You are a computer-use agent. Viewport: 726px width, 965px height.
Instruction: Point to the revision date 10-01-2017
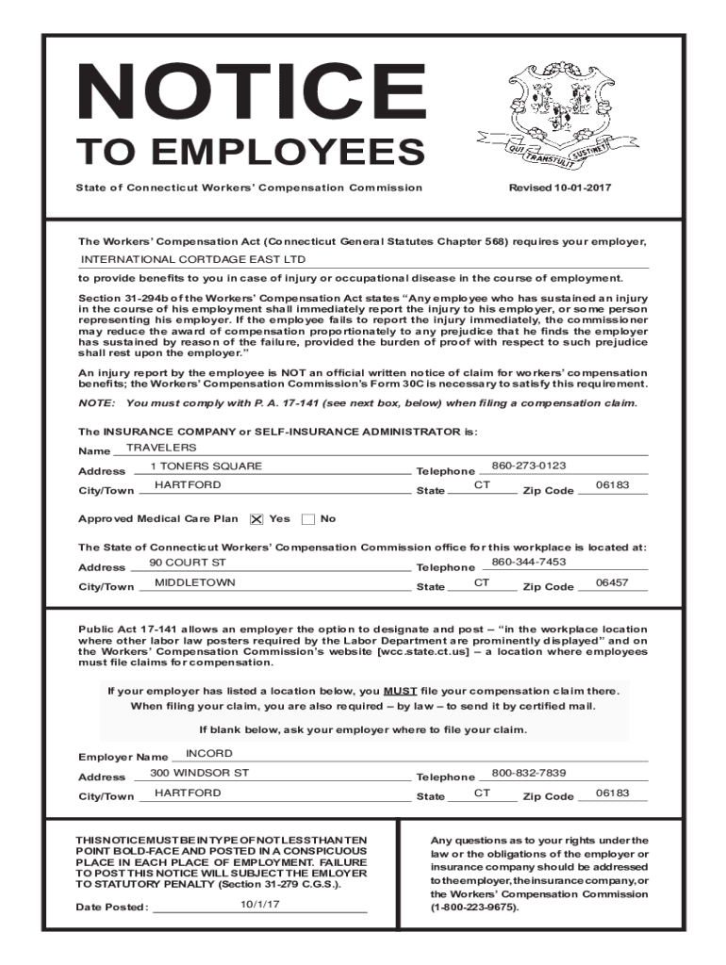(560, 188)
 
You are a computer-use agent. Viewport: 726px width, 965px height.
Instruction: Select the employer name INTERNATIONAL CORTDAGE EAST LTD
(193, 259)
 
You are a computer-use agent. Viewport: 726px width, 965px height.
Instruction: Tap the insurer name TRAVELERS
(161, 447)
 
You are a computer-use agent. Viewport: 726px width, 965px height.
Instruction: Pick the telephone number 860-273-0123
(529, 466)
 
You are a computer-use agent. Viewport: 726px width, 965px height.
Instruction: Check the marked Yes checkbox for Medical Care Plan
(256, 519)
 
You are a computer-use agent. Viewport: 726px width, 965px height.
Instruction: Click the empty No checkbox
(308, 519)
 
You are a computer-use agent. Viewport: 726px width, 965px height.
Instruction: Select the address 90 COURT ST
(188, 563)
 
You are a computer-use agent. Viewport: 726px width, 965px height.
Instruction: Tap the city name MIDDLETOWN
(195, 582)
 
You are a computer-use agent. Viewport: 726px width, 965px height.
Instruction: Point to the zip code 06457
(612, 582)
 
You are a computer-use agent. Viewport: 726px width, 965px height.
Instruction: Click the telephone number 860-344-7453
(529, 562)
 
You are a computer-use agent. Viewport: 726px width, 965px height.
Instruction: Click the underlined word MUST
(401, 690)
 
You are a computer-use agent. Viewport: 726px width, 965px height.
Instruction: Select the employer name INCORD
(209, 753)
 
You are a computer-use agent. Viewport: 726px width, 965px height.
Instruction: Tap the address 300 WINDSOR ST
(199, 773)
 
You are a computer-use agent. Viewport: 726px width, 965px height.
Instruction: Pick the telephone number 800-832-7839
(529, 773)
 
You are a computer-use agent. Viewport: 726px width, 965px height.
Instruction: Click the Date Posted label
(112, 908)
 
